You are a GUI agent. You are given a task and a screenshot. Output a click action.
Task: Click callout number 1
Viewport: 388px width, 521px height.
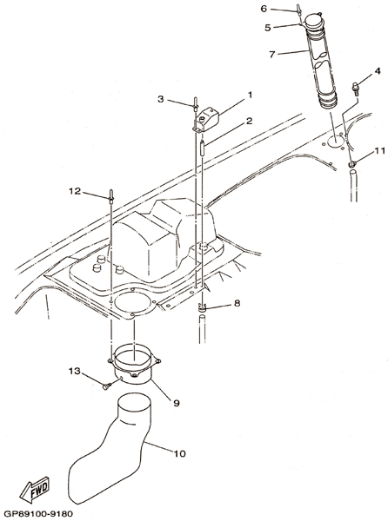point(250,95)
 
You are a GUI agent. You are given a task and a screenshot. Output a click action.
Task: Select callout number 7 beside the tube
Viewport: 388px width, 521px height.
point(272,54)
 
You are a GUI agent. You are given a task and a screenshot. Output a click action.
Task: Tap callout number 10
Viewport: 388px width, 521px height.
point(180,453)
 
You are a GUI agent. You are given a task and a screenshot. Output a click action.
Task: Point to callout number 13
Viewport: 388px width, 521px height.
point(75,371)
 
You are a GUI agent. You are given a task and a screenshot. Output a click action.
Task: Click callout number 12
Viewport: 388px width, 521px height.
point(75,191)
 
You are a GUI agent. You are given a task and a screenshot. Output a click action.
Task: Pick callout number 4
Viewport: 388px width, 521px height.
point(377,71)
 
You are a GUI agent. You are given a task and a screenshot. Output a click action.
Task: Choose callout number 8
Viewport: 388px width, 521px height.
point(237,303)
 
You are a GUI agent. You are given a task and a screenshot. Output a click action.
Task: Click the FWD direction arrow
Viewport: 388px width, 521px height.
point(34,490)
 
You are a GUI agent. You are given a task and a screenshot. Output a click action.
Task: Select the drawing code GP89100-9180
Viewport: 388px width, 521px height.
point(38,514)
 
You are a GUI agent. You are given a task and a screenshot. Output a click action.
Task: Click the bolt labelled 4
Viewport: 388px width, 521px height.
point(356,89)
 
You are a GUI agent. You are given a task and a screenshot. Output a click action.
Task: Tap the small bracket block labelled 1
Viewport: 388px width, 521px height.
point(207,121)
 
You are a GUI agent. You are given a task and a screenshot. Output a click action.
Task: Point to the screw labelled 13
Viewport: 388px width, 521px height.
point(106,386)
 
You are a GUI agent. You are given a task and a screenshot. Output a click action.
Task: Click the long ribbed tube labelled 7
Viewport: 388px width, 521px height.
point(320,60)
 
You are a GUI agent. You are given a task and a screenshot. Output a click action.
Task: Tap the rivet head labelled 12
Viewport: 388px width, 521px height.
point(110,195)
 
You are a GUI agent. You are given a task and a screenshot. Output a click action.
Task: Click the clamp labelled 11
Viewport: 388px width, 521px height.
point(351,163)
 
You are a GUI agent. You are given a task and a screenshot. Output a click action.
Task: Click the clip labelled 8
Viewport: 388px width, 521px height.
point(203,308)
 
